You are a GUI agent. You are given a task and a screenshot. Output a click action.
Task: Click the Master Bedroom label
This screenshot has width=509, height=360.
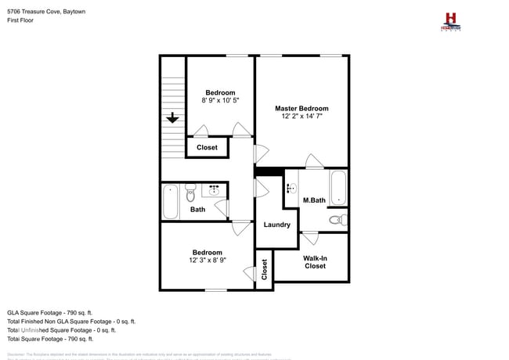(301, 108)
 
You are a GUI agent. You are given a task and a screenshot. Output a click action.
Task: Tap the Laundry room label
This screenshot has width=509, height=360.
(277, 225)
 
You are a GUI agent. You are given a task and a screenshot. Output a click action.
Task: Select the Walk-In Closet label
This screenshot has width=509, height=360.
(315, 261)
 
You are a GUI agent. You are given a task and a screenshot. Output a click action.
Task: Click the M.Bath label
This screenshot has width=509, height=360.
(314, 200)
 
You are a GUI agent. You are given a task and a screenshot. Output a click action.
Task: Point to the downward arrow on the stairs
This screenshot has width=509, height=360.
(172, 117)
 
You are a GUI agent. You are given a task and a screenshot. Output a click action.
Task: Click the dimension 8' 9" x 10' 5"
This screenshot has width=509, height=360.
(220, 100)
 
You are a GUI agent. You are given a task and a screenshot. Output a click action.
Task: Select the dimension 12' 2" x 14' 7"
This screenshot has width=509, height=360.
(301, 116)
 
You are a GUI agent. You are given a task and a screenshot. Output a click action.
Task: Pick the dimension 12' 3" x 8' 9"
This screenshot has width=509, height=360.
(208, 260)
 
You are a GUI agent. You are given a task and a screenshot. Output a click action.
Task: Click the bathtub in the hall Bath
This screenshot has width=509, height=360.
(171, 202)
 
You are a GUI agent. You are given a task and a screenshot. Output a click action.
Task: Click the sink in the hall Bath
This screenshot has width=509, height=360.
(215, 189)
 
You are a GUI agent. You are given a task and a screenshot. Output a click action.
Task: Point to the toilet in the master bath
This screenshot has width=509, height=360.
(338, 219)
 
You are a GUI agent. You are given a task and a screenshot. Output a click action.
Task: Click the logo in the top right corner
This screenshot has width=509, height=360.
(450, 21)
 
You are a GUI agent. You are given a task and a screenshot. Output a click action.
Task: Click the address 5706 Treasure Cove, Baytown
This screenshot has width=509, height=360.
(46, 13)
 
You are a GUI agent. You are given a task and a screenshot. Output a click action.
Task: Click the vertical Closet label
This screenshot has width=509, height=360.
(265, 269)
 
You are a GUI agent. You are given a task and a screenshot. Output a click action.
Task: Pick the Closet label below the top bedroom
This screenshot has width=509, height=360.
(207, 147)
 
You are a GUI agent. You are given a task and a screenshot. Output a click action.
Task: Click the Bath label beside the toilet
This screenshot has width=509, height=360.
(197, 209)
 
